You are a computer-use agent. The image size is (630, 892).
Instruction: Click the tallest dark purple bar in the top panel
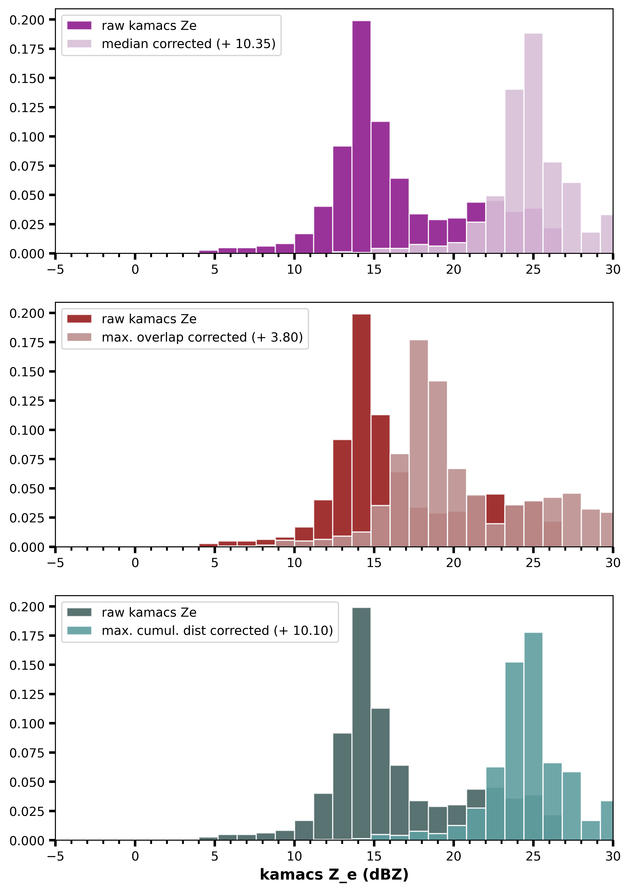pyautogui.click(x=361, y=136)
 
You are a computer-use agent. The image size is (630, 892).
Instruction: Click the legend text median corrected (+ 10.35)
pyautogui.click(x=188, y=44)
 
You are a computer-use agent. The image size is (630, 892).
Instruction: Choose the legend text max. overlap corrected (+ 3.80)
pyautogui.click(x=202, y=337)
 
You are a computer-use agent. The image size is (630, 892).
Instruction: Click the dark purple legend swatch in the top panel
pyautogui.click(x=79, y=26)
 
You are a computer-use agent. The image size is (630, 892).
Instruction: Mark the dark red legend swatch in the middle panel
pyautogui.click(x=79, y=319)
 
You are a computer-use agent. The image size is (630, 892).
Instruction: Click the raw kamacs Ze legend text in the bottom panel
pyautogui.click(x=149, y=612)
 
